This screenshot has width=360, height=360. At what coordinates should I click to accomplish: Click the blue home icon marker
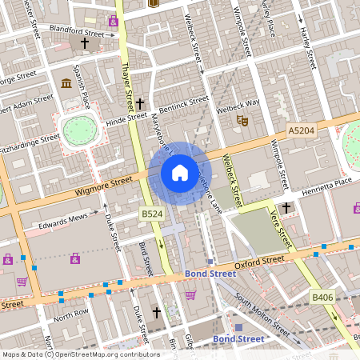(180, 172)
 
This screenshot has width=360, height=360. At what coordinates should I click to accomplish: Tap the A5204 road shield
(302, 129)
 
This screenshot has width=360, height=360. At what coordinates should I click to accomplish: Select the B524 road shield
(152, 214)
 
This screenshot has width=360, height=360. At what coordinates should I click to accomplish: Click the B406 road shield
(322, 298)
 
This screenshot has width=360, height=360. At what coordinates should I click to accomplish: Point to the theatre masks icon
(240, 121)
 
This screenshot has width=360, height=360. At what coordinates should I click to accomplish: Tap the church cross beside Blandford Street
(85, 43)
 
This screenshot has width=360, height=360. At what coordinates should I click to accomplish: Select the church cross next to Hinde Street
(140, 104)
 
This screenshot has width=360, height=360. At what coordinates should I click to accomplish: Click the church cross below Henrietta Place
(286, 208)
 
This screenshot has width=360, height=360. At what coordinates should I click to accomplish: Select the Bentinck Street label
(183, 102)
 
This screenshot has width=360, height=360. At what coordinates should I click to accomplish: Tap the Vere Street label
(279, 229)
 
